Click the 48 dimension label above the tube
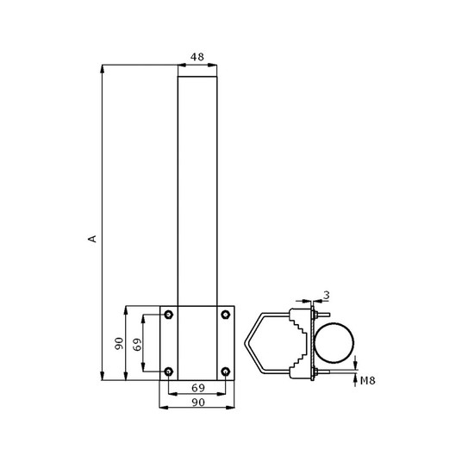point(197,57)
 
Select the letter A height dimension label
point(92,239)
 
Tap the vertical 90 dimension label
point(119,344)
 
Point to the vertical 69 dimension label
point(137,344)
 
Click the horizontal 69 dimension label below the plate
point(198,388)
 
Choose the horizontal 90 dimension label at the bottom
point(198,403)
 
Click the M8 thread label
point(368,381)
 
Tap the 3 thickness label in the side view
point(326,295)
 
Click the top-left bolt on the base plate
point(168,315)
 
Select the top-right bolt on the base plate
point(226,315)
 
